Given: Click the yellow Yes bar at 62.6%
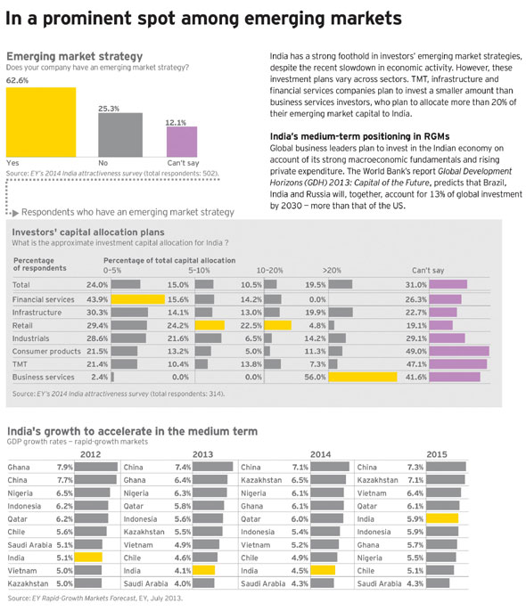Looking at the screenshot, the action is coord(41,122).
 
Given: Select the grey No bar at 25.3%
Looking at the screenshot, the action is coord(120,135).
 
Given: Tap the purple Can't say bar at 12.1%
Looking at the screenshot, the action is coord(182,142).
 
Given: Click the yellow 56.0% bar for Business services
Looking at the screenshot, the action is coord(363,377).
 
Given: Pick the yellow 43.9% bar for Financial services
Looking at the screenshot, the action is coord(138,299).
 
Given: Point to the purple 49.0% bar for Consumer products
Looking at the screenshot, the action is coord(459,351).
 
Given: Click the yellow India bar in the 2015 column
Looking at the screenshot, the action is coord(442,518).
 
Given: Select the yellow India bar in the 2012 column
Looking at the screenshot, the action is coord(88,558).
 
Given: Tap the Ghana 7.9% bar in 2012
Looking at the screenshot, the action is coord(96,467).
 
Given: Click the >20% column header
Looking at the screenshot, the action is coord(332,271).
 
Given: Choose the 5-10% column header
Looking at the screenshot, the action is coord(199,271).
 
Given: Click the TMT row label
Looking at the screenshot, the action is coord(20,364).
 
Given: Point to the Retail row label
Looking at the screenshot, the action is coord(22,325).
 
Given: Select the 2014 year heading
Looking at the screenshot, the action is coord(321,454).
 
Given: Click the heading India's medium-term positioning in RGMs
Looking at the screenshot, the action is coord(359,136).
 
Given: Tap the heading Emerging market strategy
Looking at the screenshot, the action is coord(75,56).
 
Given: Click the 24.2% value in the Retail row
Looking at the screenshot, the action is coord(178,325).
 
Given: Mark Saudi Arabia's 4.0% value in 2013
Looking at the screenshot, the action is coord(183,583).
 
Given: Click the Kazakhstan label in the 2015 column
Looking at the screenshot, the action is coord(377,480).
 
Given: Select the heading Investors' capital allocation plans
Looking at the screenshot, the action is coord(88,232).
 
